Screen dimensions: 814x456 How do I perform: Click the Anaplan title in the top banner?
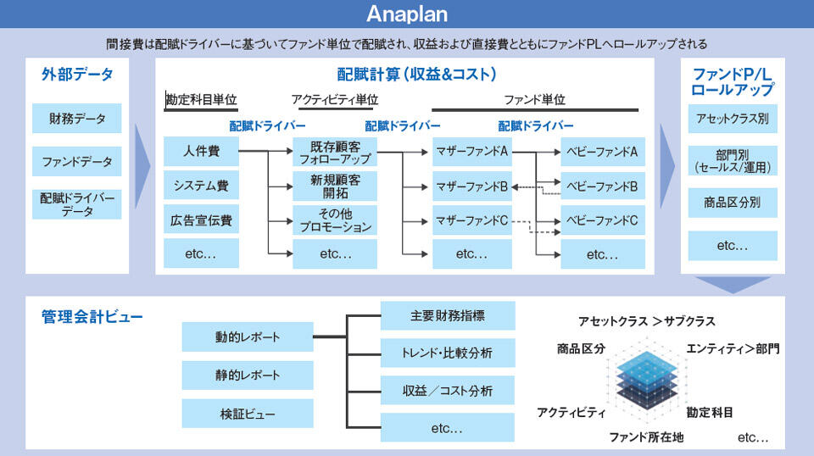(x=407, y=14)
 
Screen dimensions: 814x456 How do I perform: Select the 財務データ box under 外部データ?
(x=77, y=119)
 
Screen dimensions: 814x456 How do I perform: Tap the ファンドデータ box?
(x=77, y=161)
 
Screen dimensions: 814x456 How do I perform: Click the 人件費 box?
(x=201, y=152)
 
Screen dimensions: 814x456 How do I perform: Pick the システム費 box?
(x=201, y=186)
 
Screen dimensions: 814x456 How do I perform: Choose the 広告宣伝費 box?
(x=201, y=220)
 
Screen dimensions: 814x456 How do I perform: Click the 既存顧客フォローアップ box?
(x=335, y=152)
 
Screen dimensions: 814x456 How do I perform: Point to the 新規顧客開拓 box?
(x=335, y=186)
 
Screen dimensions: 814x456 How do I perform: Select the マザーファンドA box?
(x=472, y=152)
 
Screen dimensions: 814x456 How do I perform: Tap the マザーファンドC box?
(x=472, y=220)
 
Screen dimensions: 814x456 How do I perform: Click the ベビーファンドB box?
(x=602, y=186)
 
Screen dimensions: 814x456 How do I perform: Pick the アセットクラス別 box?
(x=733, y=119)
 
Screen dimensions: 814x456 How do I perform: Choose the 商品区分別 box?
(x=733, y=203)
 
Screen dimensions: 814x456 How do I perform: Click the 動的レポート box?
(x=247, y=336)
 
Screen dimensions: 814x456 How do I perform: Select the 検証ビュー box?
(x=247, y=414)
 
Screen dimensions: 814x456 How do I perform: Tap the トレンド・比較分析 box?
(x=448, y=353)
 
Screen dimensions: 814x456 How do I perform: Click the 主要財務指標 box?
(x=448, y=315)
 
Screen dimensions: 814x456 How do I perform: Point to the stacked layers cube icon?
(x=647, y=381)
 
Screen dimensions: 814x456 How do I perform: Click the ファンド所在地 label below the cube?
(x=646, y=437)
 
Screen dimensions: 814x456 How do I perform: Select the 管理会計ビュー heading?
(x=92, y=316)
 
